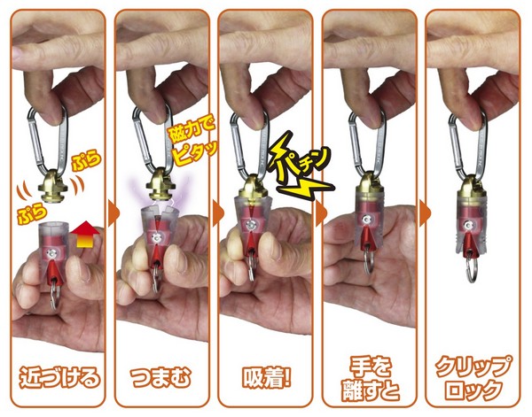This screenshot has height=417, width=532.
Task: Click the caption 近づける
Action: pos(59,377)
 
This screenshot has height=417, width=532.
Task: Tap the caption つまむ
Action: pos(160,377)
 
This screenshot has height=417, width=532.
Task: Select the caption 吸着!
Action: pos(267,377)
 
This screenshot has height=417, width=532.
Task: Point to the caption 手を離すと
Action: pos(371,380)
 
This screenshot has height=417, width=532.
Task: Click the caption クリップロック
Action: pos(473,379)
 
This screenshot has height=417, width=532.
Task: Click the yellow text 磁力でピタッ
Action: pos(192,142)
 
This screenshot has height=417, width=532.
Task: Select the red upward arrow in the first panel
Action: pos(84,235)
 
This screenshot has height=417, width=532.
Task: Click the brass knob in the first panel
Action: pos(54,186)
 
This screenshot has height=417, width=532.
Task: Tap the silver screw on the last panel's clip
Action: pos(469,224)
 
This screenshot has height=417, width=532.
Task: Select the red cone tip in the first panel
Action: pos(53,272)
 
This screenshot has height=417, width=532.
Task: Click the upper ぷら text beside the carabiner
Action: pos(87,162)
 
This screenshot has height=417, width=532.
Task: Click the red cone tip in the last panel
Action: pos(470,243)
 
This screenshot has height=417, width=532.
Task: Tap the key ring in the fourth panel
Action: pos(367,261)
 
